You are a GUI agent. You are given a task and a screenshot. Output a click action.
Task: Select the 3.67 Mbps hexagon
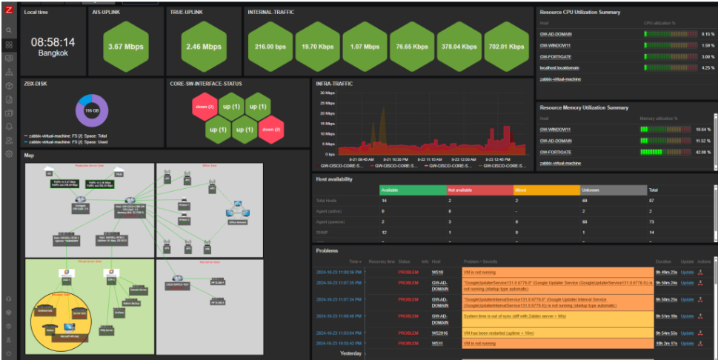(125, 47)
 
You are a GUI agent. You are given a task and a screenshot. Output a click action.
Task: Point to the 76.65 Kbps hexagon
(413, 47)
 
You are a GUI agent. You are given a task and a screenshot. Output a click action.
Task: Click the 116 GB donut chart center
(92, 110)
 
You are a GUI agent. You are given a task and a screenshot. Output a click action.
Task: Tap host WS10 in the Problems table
(437, 272)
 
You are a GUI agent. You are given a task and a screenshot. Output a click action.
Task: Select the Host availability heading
(334, 179)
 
